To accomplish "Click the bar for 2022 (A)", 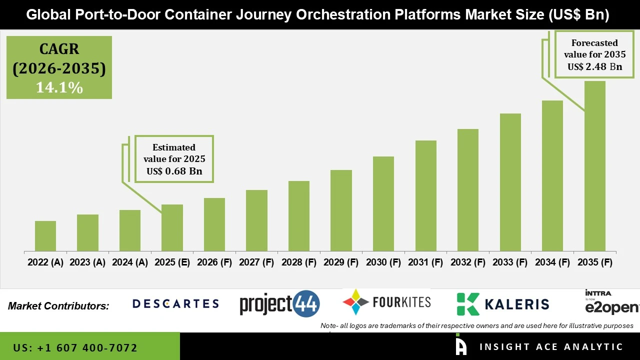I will [45, 236].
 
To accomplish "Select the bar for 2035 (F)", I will [594, 166].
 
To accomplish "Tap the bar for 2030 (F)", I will [383, 203].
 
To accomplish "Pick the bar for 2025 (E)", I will [172, 227].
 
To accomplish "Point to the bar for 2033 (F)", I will [510, 182].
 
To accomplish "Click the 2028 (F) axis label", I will [299, 262].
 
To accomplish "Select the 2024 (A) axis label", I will [130, 262].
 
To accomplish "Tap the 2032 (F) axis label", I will [468, 262].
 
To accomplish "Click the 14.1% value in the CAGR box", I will [59, 87].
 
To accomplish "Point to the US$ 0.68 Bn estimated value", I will [174, 171].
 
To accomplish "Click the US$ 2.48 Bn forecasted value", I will [594, 67].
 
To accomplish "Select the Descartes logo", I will [175, 303].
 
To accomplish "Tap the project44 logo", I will [279, 304].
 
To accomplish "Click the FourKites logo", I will [386, 302].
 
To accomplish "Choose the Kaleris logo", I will [502, 304].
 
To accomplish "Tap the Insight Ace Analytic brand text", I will [551, 347].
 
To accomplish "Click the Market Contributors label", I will [58, 306].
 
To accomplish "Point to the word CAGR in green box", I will [59, 49].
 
